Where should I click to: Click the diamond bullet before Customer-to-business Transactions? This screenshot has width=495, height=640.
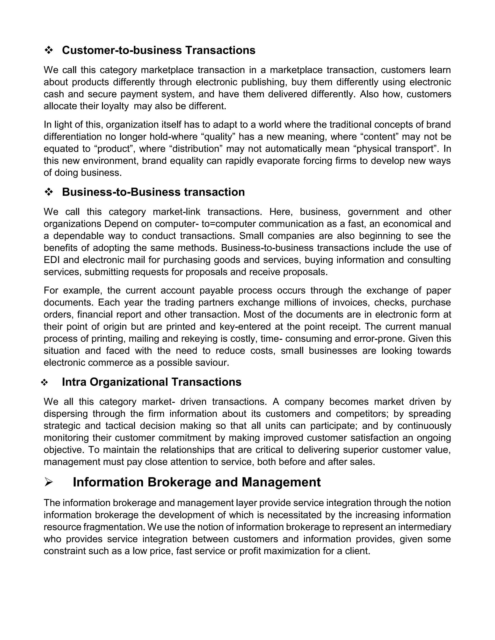click(48, 50)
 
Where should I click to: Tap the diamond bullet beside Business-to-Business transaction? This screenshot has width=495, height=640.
click(48, 192)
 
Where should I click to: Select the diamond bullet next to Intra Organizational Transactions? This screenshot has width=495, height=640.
click(44, 382)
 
